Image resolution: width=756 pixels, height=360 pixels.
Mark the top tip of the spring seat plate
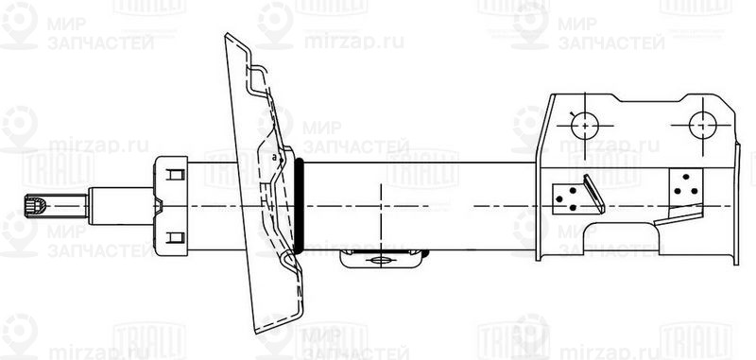coord(227,36)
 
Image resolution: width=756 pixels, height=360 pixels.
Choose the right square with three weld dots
coord(686,183)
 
